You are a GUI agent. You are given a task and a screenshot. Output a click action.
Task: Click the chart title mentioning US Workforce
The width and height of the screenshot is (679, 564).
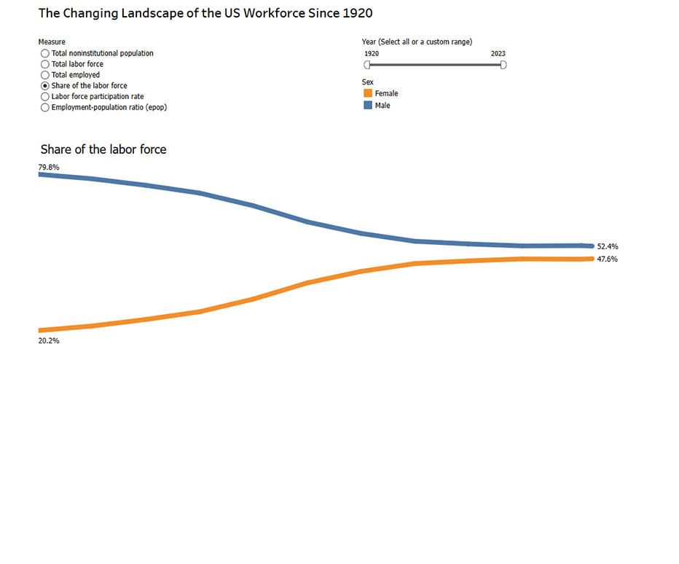205,13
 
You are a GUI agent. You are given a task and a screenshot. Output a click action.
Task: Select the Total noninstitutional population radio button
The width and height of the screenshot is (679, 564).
45,53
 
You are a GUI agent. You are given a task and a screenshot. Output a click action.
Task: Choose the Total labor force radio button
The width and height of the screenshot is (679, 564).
45,64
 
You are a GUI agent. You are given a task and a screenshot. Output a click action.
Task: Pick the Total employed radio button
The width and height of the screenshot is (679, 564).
45,75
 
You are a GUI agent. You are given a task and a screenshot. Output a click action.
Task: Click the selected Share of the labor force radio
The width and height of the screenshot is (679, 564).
45,86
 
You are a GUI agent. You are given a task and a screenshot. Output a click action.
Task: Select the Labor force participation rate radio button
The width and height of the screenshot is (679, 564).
45,96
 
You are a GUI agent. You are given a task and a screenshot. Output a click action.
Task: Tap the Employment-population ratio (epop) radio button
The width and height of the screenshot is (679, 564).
45,107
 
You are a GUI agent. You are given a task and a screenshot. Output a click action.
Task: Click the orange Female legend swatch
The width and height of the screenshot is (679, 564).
368,93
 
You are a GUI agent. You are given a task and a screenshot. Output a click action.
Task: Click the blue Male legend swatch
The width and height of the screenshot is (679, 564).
368,106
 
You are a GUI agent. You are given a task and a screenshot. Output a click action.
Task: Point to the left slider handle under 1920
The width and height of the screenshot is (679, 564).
367,65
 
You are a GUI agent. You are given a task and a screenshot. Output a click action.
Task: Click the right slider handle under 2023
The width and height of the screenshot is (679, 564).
503,65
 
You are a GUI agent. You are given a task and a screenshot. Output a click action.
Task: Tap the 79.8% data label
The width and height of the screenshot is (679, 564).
49,168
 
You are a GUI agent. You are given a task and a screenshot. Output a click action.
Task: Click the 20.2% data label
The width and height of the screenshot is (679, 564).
49,340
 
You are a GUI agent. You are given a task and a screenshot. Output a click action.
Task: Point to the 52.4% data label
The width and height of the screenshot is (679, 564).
607,246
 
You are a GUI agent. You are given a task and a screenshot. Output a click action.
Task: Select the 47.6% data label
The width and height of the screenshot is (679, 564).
607,259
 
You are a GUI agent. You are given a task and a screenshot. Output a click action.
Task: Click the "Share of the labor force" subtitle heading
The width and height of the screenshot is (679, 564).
103,149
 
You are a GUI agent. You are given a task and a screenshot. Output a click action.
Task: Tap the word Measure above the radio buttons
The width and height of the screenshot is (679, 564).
52,42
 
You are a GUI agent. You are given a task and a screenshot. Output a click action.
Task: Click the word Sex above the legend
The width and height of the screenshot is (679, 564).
368,82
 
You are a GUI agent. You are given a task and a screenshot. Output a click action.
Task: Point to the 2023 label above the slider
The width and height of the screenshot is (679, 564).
498,54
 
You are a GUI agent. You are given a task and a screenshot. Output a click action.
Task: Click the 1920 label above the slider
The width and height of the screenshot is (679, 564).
371,54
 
